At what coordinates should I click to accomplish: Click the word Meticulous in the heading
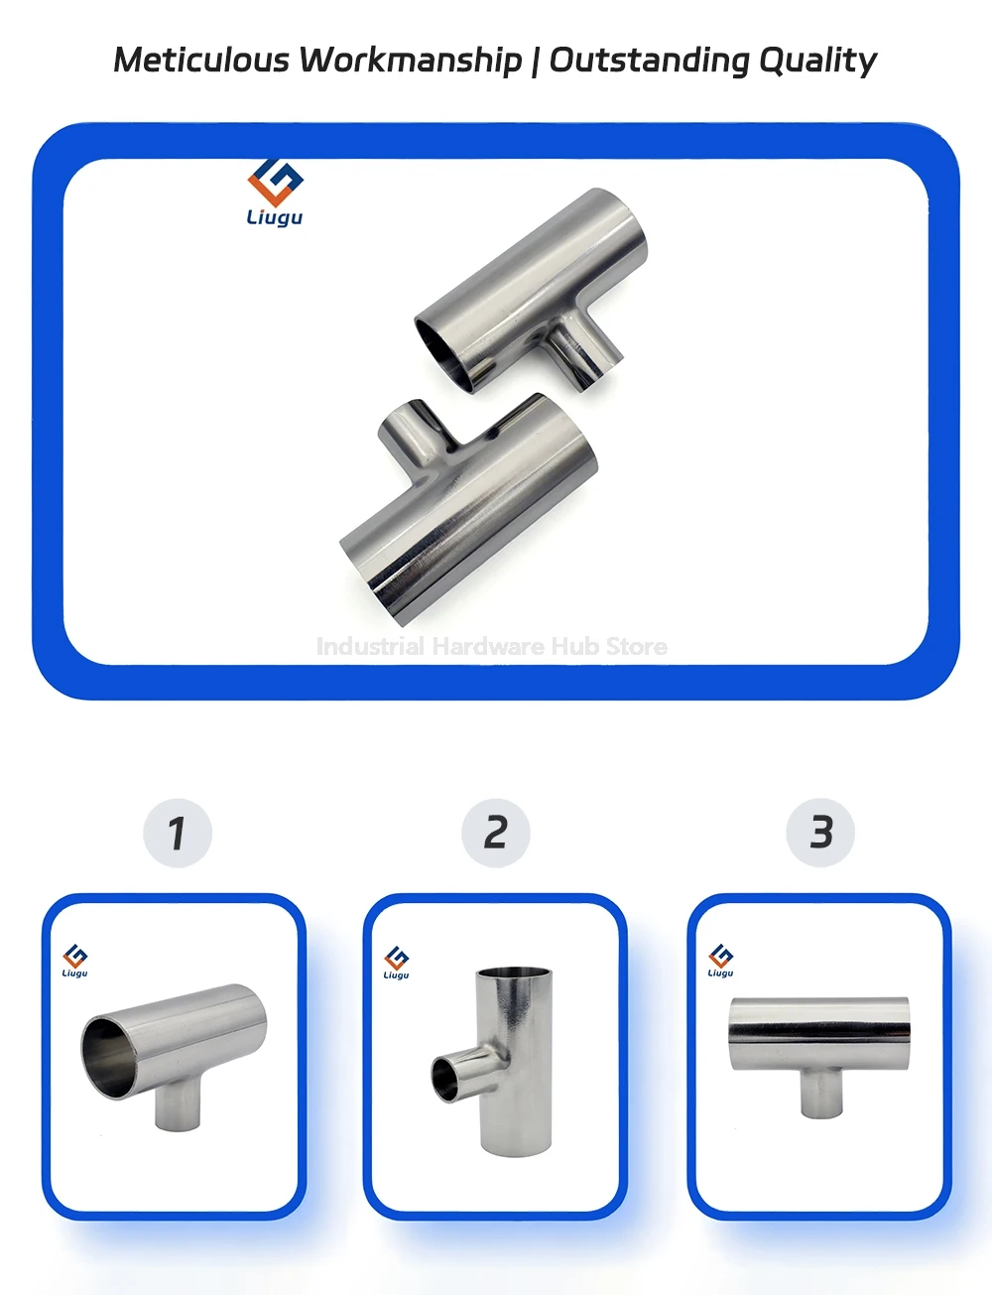tap(201, 60)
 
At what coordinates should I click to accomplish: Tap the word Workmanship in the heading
tap(411, 61)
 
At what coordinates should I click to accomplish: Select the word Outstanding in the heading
tap(649, 61)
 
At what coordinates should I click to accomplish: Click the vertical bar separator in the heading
tap(535, 61)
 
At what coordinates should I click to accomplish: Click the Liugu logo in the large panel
tap(275, 192)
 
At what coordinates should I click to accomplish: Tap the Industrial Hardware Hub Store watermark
tap(491, 646)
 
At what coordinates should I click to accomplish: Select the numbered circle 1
tap(178, 833)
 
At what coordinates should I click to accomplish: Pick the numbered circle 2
tap(496, 833)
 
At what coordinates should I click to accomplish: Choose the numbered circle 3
tap(820, 833)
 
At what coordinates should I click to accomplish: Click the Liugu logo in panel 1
tap(75, 960)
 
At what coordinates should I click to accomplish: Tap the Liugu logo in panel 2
tap(396, 962)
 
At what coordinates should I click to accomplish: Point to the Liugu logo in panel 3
tap(721, 960)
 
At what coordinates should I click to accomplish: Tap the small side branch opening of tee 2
tap(445, 1080)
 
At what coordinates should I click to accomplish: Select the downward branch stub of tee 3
tap(821, 1093)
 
